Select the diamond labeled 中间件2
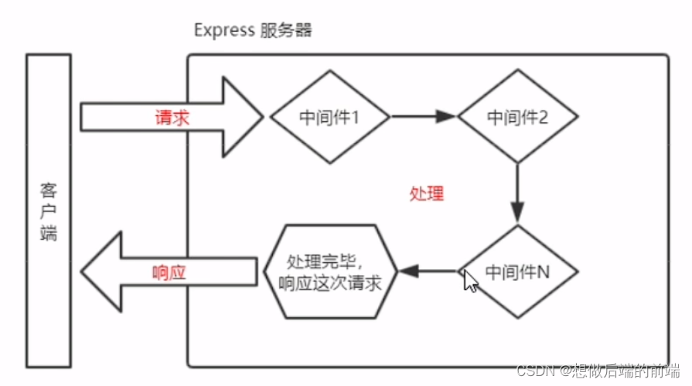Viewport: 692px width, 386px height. click(518, 118)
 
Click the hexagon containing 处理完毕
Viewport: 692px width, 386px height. click(330, 272)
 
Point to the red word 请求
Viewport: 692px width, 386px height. click(172, 118)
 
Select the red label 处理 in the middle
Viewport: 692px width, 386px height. click(427, 193)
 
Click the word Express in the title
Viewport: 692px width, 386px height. click(223, 31)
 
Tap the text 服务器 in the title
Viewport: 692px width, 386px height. click(286, 31)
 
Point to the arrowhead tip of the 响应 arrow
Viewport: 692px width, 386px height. click(84, 272)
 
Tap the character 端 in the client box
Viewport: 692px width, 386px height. click(49, 232)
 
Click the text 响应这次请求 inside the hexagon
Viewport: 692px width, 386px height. click(330, 283)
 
